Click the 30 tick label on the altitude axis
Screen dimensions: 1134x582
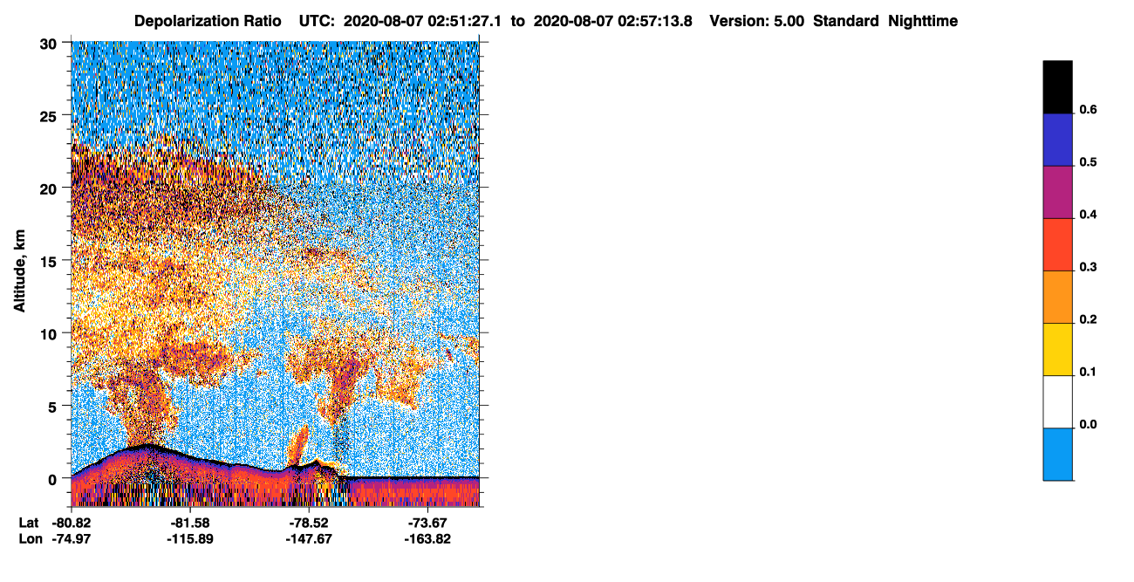tap(48, 45)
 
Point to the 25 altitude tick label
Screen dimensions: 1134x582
tap(48, 117)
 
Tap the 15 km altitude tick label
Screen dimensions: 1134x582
tap(48, 263)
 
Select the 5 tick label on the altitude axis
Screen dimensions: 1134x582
tap(52, 407)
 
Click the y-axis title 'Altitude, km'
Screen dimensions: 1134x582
tap(19, 271)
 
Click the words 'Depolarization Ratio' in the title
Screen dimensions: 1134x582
tap(208, 21)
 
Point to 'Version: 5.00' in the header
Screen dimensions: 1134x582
tap(757, 21)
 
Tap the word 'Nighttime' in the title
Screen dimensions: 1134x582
tap(923, 21)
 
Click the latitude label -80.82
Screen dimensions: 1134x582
tap(72, 524)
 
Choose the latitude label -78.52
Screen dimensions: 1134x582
tap(309, 524)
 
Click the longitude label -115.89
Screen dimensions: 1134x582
tap(190, 539)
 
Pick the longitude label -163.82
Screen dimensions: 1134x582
tap(427, 539)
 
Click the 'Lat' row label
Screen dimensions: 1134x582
tap(29, 524)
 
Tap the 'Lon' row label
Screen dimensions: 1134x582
tap(31, 539)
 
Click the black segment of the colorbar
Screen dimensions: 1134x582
tap(1057, 87)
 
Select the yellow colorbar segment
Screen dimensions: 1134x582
tap(1057, 350)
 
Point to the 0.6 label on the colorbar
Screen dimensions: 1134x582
tap(1088, 110)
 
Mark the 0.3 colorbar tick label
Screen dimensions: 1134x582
tap(1088, 268)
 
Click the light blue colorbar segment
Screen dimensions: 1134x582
tap(1057, 455)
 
